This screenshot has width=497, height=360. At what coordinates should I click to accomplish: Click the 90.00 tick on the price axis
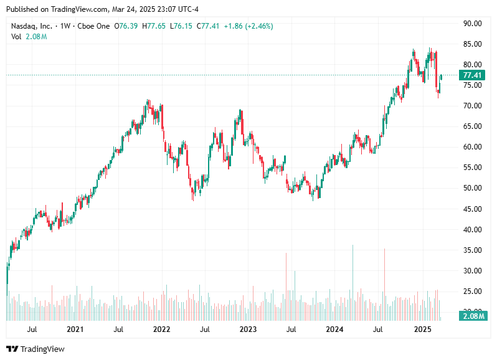point(473,24)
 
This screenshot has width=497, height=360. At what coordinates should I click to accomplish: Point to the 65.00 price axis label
point(473,126)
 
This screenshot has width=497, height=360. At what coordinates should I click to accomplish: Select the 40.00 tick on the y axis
point(473,229)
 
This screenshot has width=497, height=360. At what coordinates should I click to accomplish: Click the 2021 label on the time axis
point(75,329)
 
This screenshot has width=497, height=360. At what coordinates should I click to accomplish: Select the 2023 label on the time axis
point(248,329)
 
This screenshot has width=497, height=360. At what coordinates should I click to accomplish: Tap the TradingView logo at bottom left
point(35,349)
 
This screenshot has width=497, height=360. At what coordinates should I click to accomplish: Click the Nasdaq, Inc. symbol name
point(32,26)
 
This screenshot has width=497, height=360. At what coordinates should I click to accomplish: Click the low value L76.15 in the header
point(182,26)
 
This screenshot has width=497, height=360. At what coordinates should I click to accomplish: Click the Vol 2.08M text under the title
point(29,37)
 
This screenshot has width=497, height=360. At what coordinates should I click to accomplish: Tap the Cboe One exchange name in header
point(95,26)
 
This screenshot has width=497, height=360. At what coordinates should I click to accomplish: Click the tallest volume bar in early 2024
point(353,280)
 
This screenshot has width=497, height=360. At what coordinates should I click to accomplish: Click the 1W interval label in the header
point(65,26)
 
